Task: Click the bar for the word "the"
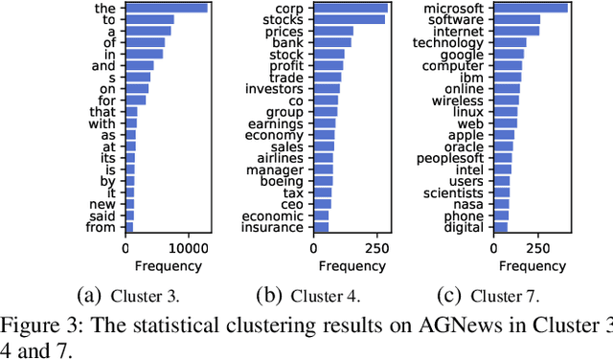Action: (167, 8)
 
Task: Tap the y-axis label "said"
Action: (102, 215)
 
